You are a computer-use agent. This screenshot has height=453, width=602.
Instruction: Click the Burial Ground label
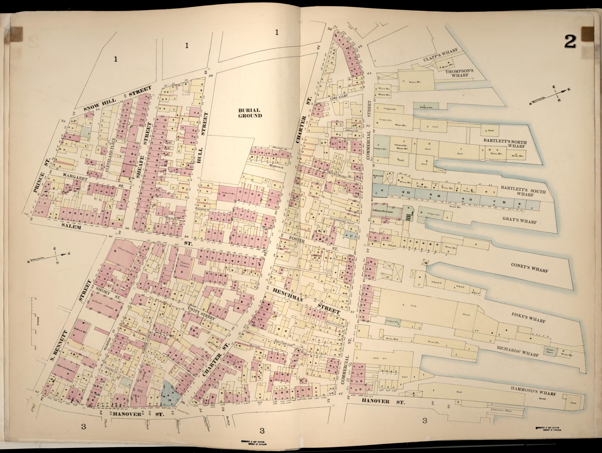pos(249,113)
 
